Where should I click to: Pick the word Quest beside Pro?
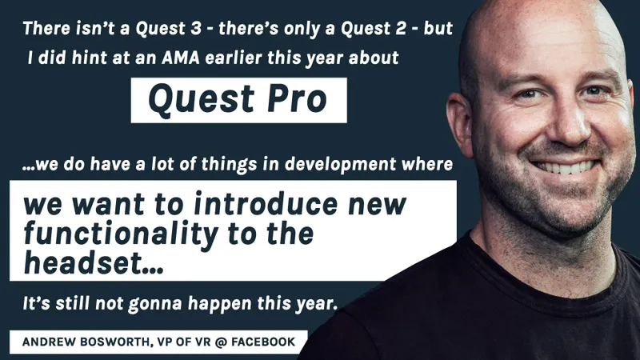click(x=193, y=99)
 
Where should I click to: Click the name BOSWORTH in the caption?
click(x=118, y=343)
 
